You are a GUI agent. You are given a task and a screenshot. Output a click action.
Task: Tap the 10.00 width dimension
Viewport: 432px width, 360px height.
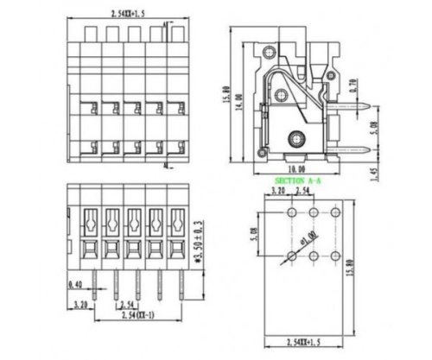coord(296,169)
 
